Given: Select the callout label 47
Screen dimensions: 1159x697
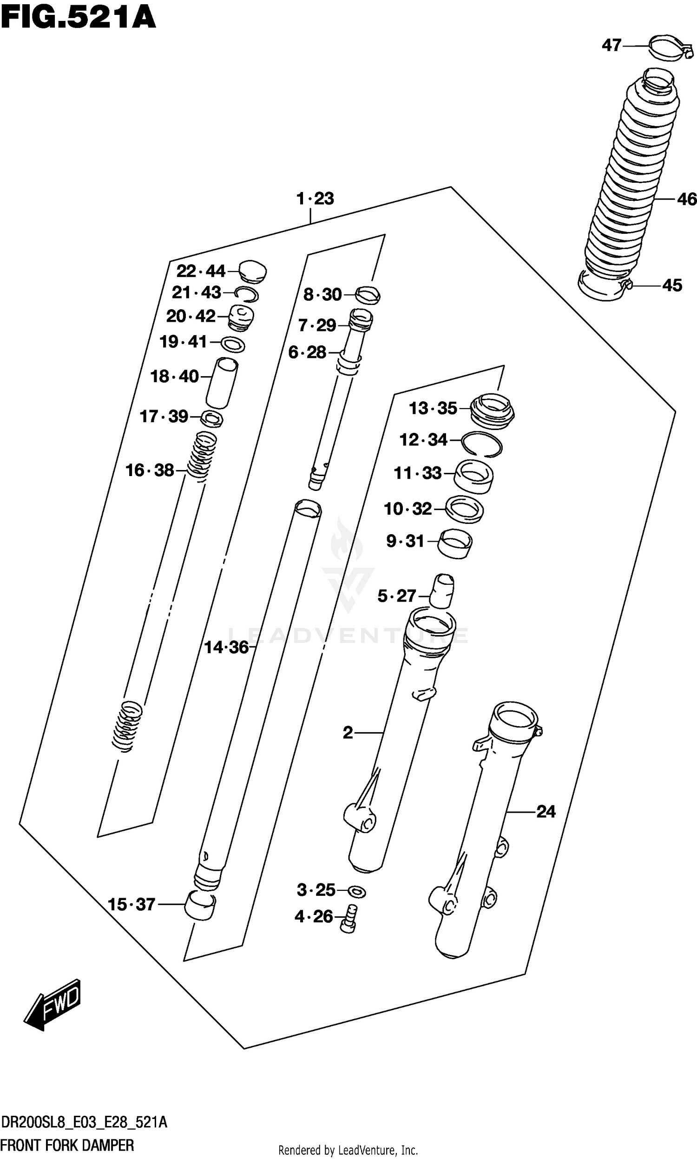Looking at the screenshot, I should coord(611,46).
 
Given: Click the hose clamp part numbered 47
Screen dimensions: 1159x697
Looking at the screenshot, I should coord(671,48).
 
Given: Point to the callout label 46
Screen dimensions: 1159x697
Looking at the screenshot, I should coord(686,199).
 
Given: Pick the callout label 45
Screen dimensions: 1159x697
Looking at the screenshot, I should coord(671,285).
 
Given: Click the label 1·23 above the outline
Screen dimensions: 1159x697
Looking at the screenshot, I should coord(315,199).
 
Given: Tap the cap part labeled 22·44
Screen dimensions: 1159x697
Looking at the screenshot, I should coord(253,272).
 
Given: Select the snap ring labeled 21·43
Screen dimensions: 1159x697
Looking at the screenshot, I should coord(246,294).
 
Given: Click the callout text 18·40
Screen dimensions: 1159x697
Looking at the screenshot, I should coord(174,376).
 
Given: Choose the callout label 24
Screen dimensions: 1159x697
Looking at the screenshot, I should coord(546,812).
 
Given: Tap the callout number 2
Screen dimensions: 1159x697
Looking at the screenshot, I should coord(348,732).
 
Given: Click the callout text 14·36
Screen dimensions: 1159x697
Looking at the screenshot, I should coord(226,648).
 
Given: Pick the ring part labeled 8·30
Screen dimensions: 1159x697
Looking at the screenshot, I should coord(368,295).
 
